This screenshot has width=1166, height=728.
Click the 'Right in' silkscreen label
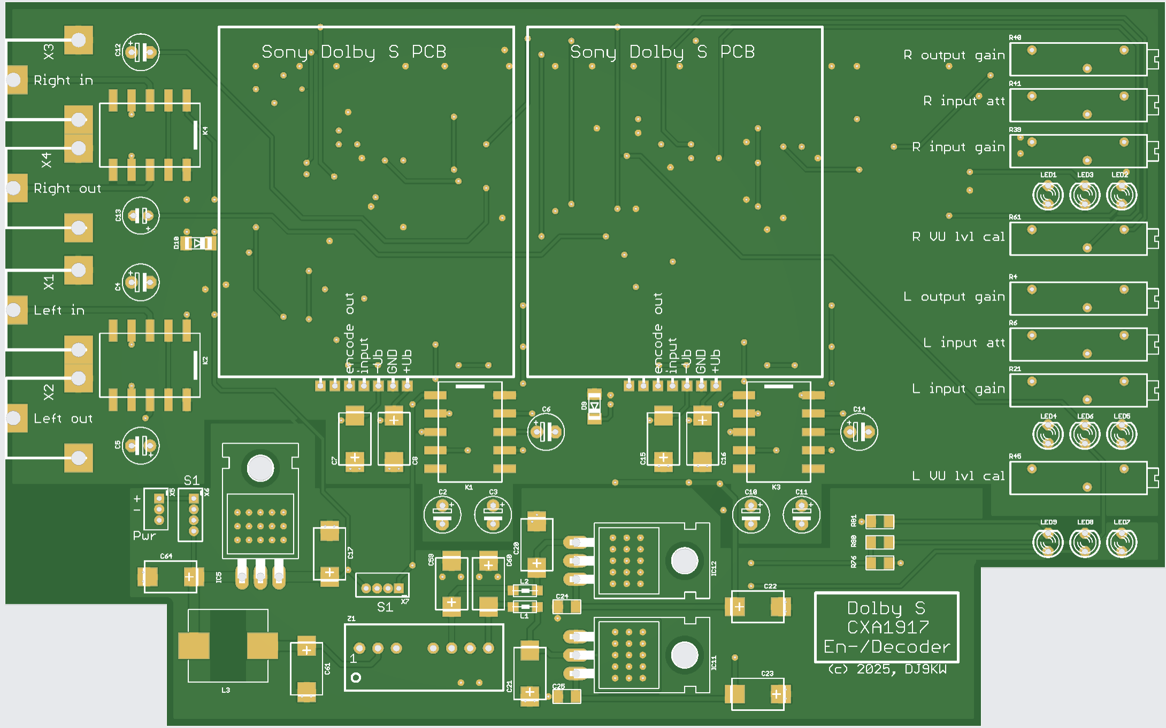point(63,81)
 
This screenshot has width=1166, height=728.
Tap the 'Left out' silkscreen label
point(63,419)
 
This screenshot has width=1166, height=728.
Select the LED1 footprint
point(1047,196)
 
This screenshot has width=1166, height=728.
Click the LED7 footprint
point(1121,543)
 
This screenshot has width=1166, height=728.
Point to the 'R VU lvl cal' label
point(958,237)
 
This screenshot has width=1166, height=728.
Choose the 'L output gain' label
point(954,297)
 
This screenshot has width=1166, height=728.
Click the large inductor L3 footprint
point(228,646)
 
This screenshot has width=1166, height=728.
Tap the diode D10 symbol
point(198,243)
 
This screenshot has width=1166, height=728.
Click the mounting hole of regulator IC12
point(684,561)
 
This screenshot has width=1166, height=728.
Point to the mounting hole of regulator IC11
point(684,655)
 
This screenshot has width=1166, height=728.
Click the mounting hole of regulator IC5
point(260,468)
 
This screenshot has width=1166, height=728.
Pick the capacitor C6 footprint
point(546,431)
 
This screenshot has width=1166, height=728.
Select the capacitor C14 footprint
point(859,431)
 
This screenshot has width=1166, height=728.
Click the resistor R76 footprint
point(879,562)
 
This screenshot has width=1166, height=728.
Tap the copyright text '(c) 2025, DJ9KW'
point(887,669)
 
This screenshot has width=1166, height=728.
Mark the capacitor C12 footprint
point(140,52)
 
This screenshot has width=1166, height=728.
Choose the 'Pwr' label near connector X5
point(144,536)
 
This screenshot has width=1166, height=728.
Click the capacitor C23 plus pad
point(776,694)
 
